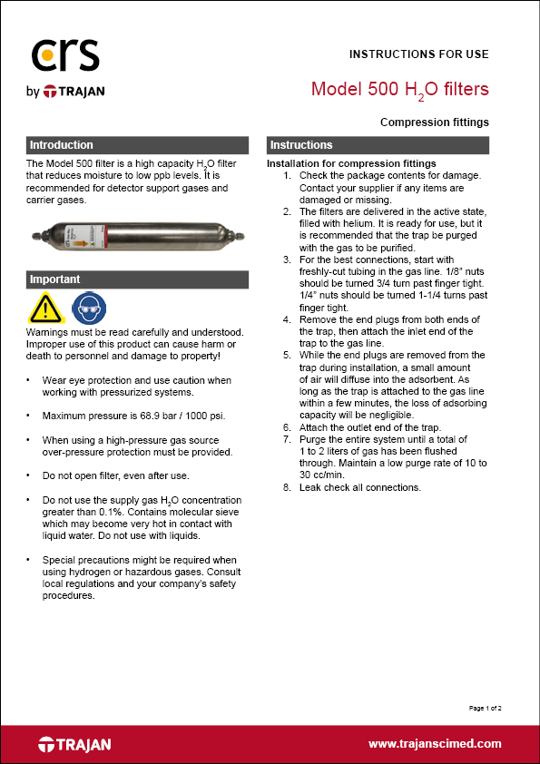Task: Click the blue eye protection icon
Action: pyautogui.click(x=88, y=309)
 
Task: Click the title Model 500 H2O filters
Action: pyautogui.click(x=399, y=89)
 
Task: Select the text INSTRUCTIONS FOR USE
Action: pyautogui.click(x=418, y=54)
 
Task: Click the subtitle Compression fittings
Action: pyautogui.click(x=434, y=122)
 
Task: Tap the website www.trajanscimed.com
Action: pyautogui.click(x=434, y=743)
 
